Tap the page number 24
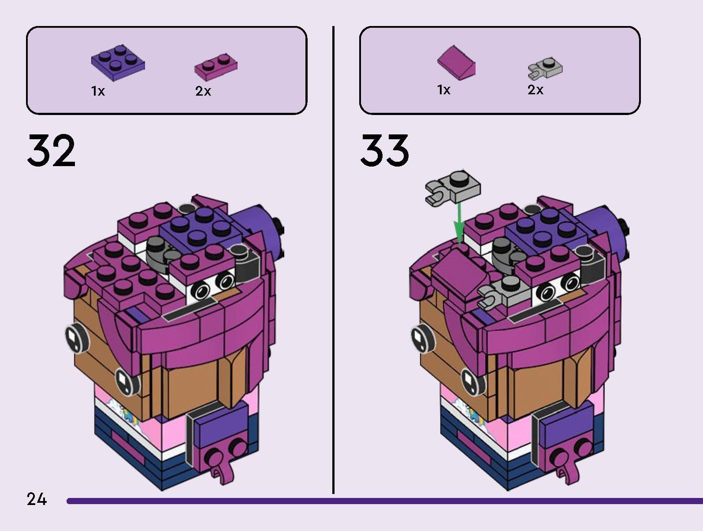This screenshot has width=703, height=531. (37, 499)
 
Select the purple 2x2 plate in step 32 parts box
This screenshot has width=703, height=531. (118, 64)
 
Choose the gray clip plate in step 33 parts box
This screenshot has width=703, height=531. (545, 67)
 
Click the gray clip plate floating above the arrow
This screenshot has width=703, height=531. (453, 187)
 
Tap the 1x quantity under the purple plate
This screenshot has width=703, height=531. (98, 91)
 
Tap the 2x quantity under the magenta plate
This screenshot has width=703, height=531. (203, 91)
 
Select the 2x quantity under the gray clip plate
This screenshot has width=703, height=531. (536, 90)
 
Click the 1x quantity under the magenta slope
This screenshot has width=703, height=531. (444, 90)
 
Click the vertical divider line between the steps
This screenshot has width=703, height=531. (333, 260)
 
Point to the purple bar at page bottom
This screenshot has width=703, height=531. (383, 501)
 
